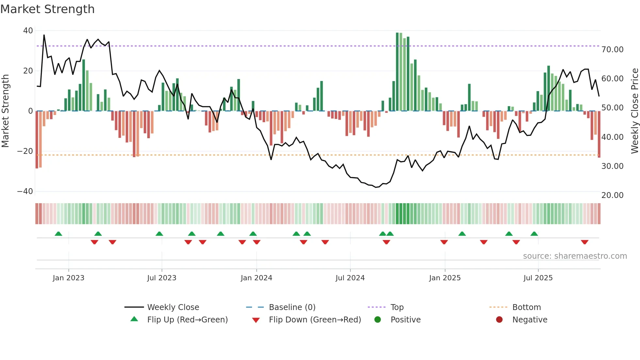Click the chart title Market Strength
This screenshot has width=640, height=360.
point(47,9)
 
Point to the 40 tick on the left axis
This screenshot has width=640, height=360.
point(28,31)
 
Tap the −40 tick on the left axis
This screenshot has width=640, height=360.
point(25,191)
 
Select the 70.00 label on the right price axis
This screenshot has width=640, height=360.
point(612,50)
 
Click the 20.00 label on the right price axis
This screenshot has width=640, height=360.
point(612,195)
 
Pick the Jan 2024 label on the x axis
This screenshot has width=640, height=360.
point(256,278)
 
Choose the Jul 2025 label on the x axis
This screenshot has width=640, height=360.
point(538,278)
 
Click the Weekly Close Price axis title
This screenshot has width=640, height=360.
point(634,111)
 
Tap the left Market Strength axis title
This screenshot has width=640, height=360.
point(6,111)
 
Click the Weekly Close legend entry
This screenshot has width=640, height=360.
point(173,307)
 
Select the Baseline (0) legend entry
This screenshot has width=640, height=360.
point(292,307)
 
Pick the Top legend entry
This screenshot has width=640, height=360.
point(397,307)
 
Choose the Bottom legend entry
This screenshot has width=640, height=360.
point(526,307)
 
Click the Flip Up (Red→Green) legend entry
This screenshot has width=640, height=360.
point(187,320)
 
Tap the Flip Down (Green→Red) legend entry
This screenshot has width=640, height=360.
point(315,320)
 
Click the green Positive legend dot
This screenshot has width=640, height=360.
point(377,320)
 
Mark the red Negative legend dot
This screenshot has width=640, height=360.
point(499,320)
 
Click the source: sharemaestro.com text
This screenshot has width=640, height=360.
point(575,256)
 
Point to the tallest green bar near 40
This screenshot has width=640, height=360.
point(397,72)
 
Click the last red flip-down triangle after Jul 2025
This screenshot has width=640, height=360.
point(584,242)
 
